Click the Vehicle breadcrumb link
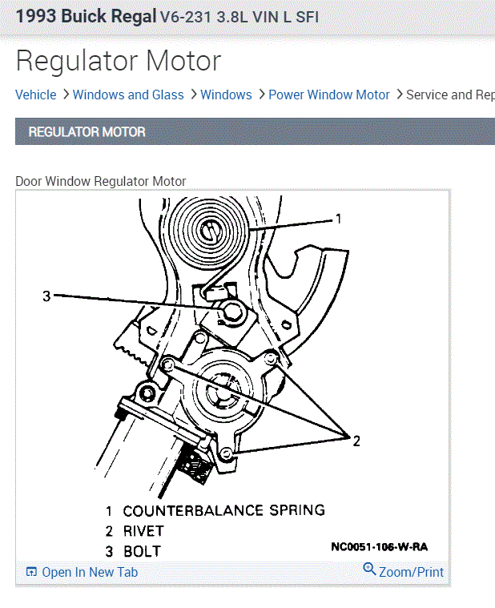[x=36, y=95]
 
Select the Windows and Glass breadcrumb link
[x=128, y=95]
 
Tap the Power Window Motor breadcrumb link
[x=329, y=95]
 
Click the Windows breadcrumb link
[x=226, y=95]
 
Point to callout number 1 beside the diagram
[x=339, y=219]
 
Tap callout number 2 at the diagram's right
[x=356, y=440]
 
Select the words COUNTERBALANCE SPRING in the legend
[x=224, y=510]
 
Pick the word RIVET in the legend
[x=143, y=531]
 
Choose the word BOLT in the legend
[x=142, y=551]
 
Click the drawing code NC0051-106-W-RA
[x=379, y=548]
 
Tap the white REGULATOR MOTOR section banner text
[x=87, y=132]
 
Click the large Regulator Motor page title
[x=119, y=61]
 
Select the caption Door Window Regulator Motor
[x=101, y=182]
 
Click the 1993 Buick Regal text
[x=86, y=16]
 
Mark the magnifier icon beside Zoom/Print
[x=369, y=570]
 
